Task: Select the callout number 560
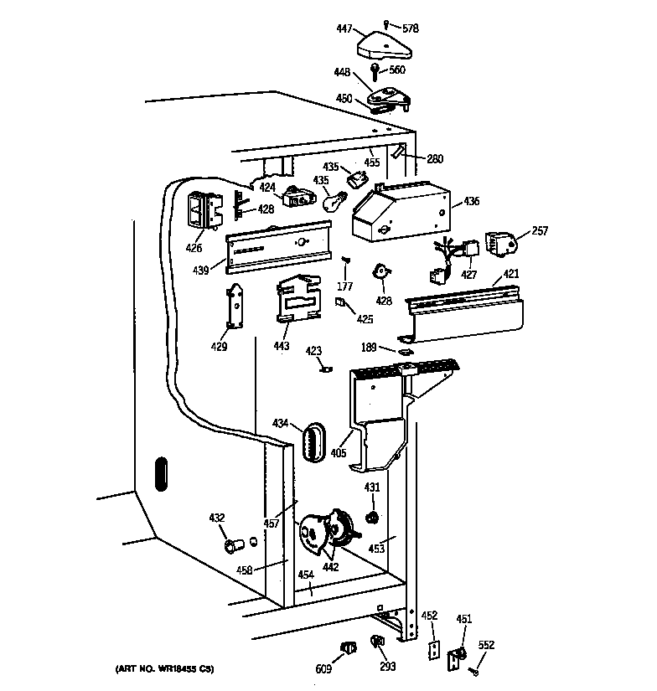(x=396, y=70)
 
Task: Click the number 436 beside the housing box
(x=471, y=201)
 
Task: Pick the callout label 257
(x=540, y=231)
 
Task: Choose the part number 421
(x=511, y=274)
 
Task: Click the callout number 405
(x=339, y=453)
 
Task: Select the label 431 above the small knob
(x=372, y=487)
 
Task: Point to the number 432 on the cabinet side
(x=217, y=518)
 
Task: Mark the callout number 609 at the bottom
(x=322, y=668)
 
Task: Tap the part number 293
(x=386, y=668)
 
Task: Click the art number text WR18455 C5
(x=164, y=668)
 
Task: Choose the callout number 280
(x=435, y=159)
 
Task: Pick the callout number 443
(x=281, y=346)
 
